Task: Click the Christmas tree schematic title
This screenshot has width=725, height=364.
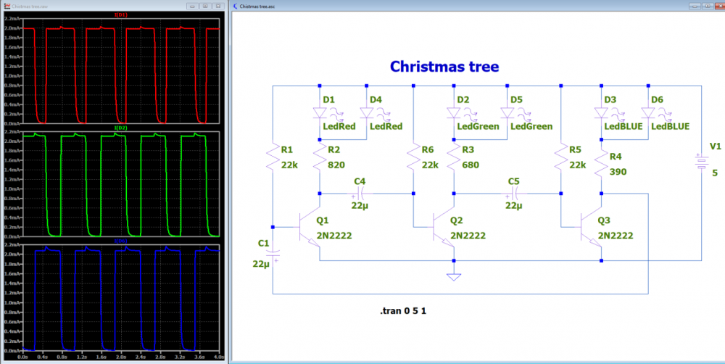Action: [444, 67]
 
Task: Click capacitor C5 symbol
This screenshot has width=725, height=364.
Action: [513, 194]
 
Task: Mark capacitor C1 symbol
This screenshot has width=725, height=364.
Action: [273, 254]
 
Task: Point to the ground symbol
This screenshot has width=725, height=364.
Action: [454, 276]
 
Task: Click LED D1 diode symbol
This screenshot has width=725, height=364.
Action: [320, 113]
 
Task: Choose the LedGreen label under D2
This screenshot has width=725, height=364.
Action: [478, 126]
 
